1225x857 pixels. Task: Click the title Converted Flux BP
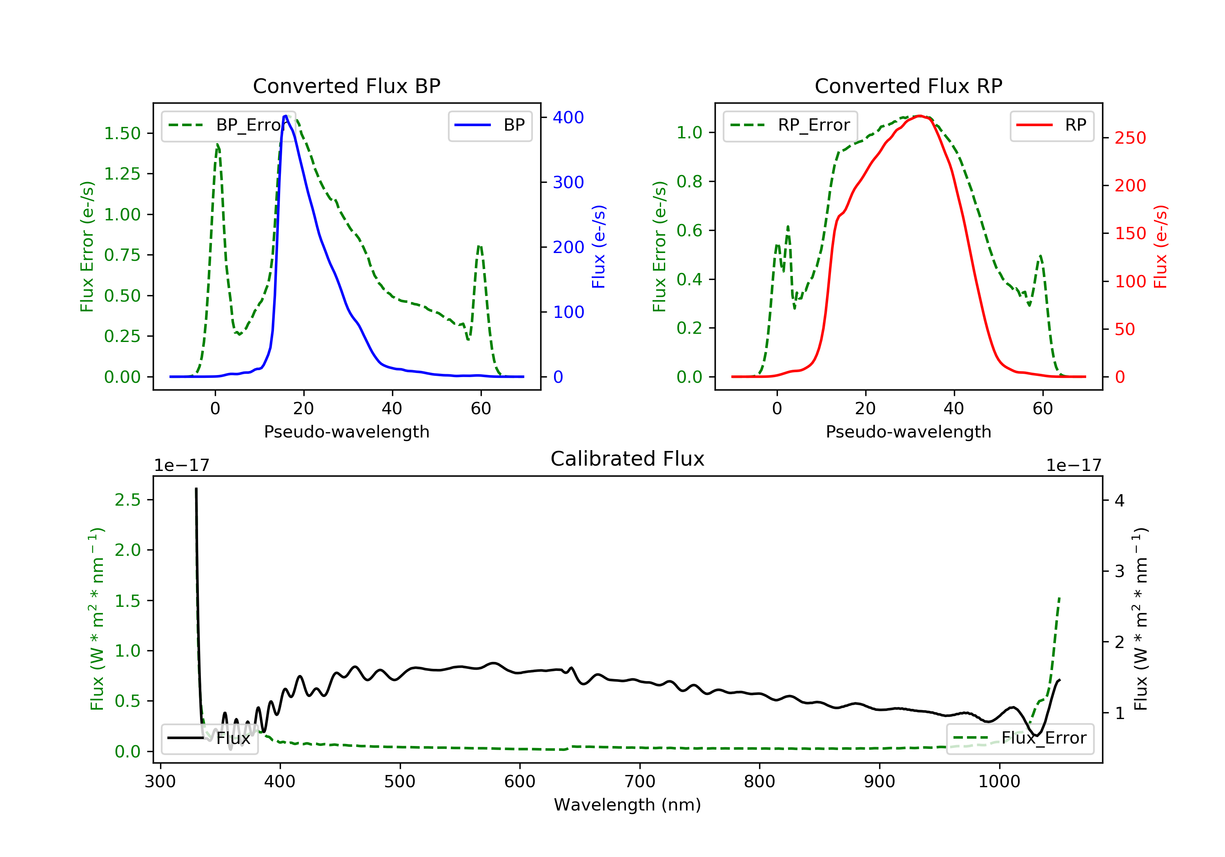click(346, 86)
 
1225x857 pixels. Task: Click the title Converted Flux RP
click(908, 86)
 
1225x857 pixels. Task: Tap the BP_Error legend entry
click(228, 125)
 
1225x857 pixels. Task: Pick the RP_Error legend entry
click(790, 125)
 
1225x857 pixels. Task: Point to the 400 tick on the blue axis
click(568, 117)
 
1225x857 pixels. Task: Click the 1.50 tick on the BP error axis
click(122, 133)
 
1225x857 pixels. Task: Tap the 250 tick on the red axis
click(1130, 138)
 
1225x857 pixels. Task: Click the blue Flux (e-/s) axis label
click(599, 247)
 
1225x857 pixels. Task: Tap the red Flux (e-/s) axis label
click(1160, 247)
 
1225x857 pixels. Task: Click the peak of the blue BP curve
click(285, 116)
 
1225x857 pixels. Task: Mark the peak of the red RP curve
click(919, 116)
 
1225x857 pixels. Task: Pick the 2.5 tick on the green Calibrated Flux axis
click(127, 500)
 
